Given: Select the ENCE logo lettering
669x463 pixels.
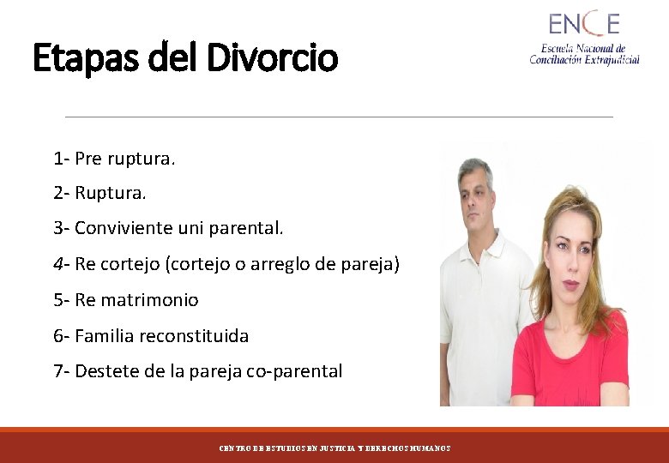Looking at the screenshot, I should click(583, 23).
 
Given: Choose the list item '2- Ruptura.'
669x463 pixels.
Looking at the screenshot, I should click(99, 194).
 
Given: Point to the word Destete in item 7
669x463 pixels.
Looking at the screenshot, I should click(105, 371).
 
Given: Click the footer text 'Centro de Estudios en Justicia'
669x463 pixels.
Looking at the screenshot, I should click(283, 448).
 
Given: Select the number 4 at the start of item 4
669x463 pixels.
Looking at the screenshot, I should click(57, 264).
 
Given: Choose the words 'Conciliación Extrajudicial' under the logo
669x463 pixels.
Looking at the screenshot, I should click(584, 60).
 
